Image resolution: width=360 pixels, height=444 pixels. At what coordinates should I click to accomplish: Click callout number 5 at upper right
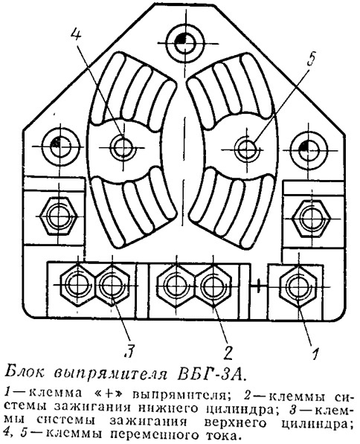tap(311, 59)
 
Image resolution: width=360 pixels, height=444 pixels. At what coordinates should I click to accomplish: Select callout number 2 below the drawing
tap(228, 353)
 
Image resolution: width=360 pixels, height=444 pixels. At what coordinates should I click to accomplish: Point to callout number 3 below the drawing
tap(129, 352)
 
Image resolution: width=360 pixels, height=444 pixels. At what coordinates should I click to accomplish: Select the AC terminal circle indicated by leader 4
tap(122, 147)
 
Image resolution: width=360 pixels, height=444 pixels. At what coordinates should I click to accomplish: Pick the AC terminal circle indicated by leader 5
tap(246, 148)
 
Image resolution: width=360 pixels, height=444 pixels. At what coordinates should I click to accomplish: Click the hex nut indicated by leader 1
tap(298, 286)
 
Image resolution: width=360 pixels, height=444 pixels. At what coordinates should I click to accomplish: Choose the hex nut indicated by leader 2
tap(212, 286)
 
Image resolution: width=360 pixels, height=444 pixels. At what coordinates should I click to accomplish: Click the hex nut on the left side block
tap(59, 216)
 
